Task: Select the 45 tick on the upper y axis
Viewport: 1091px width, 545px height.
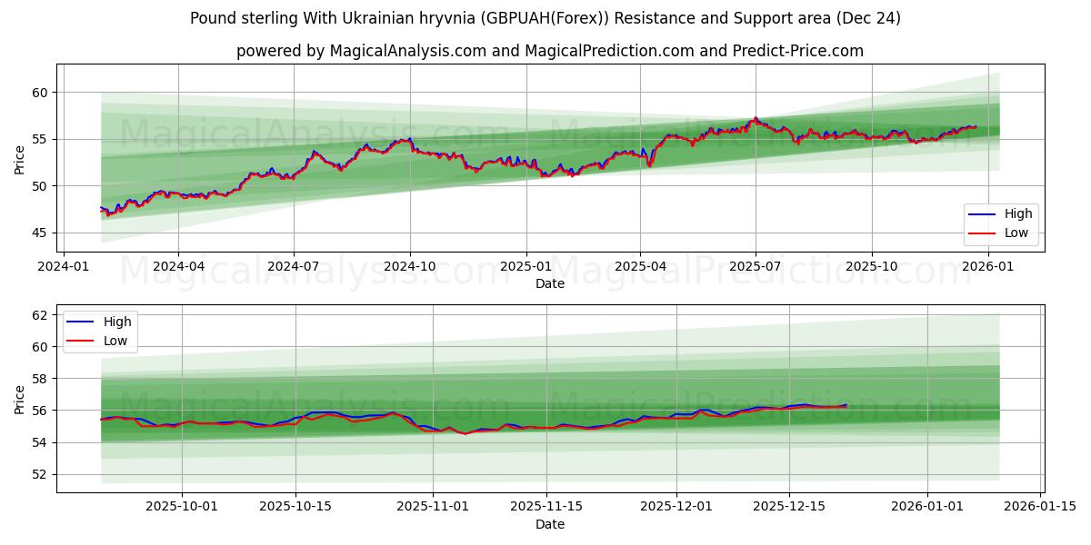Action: [x=37, y=233]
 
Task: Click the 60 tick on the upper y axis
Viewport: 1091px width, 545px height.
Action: [x=37, y=93]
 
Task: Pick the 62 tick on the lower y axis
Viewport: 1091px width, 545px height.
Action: [x=37, y=315]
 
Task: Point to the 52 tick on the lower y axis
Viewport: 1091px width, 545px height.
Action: [x=37, y=474]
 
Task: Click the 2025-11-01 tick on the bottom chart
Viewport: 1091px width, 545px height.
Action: [x=433, y=506]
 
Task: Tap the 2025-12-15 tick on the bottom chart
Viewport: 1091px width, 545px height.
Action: [x=789, y=506]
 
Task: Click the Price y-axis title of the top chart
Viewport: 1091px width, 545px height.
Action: [x=20, y=159]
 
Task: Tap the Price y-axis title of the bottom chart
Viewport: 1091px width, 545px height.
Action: [x=20, y=398]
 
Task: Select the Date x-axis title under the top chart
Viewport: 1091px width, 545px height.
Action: [x=550, y=283]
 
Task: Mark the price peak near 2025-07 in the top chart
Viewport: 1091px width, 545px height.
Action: [x=755, y=118]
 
